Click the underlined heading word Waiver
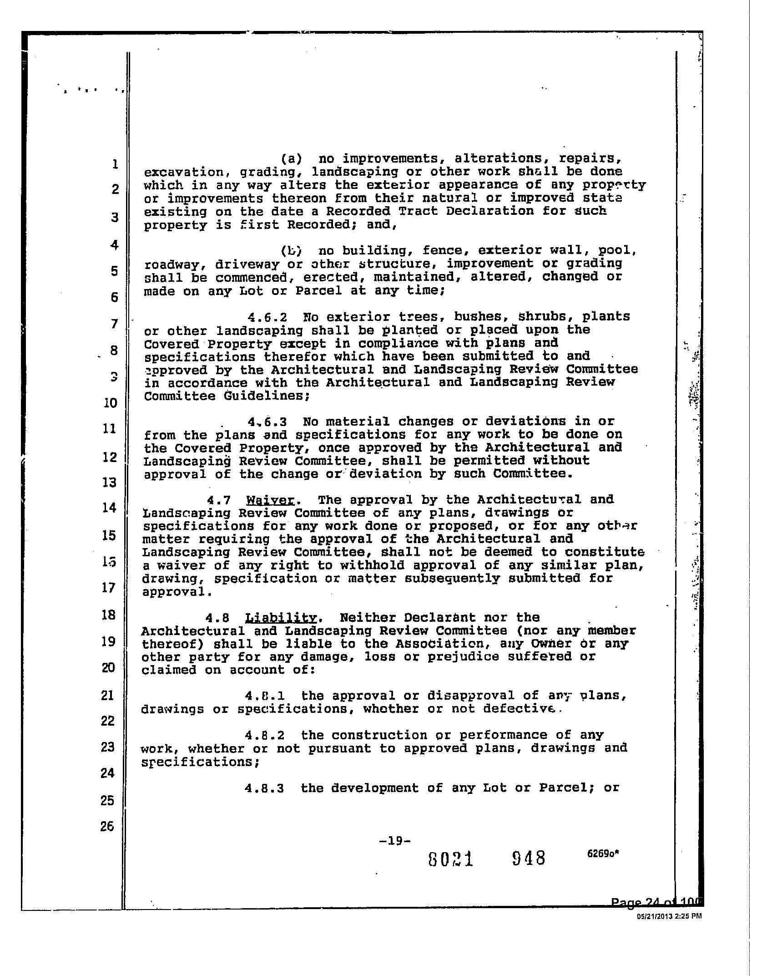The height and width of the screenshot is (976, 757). click(270, 500)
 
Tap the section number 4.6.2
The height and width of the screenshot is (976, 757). click(267, 317)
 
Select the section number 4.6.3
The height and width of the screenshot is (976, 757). click(267, 422)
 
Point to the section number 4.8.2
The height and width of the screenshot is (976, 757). click(264, 736)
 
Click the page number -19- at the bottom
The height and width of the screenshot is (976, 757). click(394, 841)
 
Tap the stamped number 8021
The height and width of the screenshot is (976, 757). click(451, 859)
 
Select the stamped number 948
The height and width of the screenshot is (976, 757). click(528, 859)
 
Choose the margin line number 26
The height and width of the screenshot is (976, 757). click(107, 826)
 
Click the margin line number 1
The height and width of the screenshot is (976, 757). click(116, 164)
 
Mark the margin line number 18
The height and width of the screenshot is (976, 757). click(109, 615)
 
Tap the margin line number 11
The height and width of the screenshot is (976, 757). click(110, 428)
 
